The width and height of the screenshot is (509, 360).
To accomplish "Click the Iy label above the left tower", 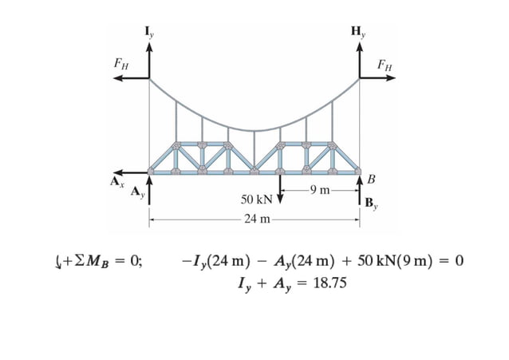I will pos(149,32).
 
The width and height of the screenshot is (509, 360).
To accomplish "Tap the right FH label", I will pos(385,64).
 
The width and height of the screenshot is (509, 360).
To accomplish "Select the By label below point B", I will pos(372,203).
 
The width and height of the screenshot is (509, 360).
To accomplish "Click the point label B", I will pos(370,176).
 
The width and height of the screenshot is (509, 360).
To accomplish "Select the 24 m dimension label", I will pos(256,218).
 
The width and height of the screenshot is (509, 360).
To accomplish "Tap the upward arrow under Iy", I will pos(149,59).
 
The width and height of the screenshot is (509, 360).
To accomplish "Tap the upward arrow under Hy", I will pos(360,59).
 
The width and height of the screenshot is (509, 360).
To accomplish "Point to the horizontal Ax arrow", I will pos(130,172).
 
